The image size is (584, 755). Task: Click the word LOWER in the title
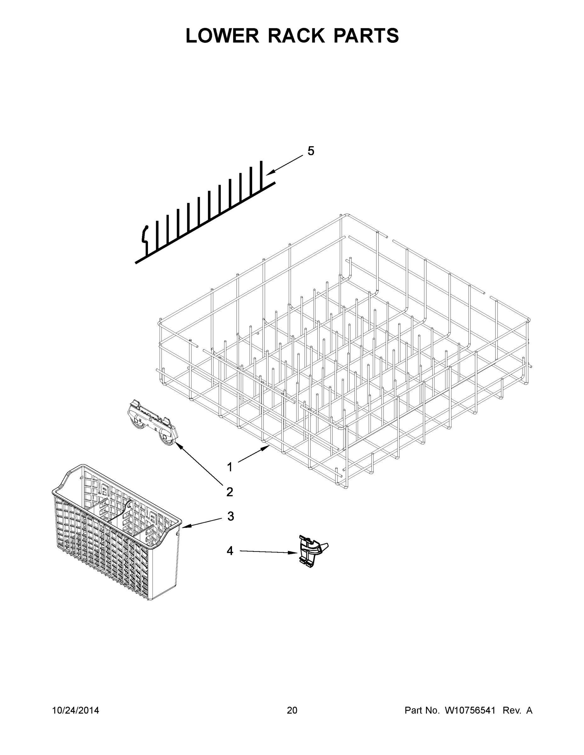[222, 36]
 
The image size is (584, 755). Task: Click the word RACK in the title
[297, 36]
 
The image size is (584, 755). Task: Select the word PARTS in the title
[366, 36]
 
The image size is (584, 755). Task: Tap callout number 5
[311, 151]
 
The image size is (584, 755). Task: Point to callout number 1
[230, 467]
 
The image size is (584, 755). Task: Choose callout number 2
[230, 492]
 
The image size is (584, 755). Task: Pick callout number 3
[230, 526]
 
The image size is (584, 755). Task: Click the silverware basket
[116, 532]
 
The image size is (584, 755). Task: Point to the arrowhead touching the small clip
[295, 553]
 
